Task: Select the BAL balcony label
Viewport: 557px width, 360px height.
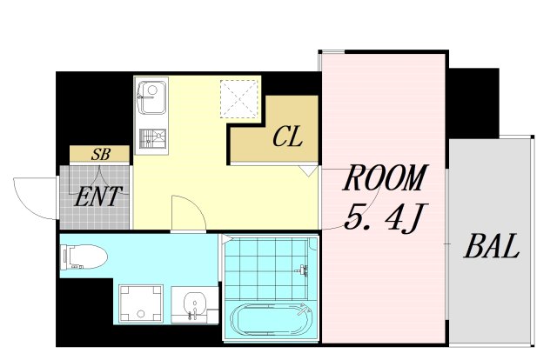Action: pos(492,246)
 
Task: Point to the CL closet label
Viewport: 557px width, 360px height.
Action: pos(288,137)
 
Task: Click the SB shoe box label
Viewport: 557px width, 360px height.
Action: pos(101,154)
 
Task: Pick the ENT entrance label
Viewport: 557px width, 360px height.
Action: pos(97,197)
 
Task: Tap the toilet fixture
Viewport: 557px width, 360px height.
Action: pos(84,257)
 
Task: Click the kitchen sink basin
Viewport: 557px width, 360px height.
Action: pos(153,97)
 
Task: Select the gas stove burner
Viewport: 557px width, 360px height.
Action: pos(153,138)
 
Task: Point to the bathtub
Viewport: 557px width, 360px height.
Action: pos(271,319)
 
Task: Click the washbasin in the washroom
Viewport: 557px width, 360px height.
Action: pos(193,304)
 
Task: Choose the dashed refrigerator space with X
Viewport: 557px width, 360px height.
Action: pos(238,99)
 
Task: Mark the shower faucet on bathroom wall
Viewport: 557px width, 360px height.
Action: pos(301,269)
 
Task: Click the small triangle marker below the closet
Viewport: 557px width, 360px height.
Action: pos(308,170)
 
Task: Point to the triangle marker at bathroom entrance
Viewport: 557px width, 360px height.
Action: pos(226,239)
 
